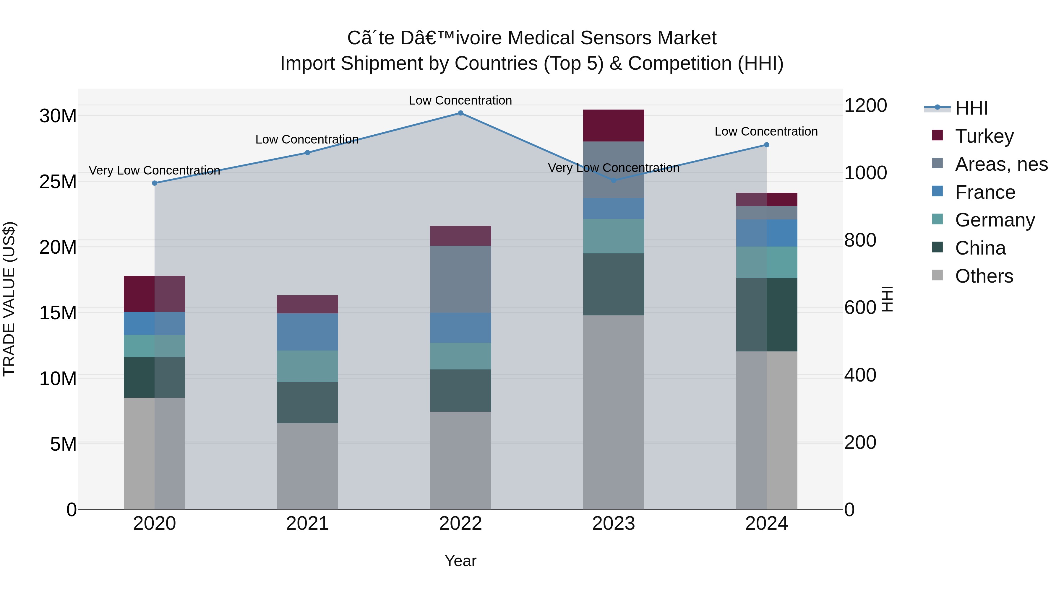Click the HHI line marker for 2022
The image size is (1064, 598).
point(460,113)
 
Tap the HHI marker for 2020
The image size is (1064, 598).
point(155,183)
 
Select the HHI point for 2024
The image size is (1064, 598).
point(767,145)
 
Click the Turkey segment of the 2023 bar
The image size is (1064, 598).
point(613,126)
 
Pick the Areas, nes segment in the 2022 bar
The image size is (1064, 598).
point(460,279)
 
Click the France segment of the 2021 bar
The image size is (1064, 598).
point(307,332)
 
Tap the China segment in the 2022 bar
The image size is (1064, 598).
point(460,390)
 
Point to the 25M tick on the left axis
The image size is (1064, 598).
point(58,182)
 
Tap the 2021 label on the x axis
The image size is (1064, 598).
point(307,524)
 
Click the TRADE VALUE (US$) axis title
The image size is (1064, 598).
point(9,299)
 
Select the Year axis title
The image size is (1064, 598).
point(460,561)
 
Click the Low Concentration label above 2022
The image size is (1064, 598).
point(460,100)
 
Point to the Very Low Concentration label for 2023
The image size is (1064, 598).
point(613,168)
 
